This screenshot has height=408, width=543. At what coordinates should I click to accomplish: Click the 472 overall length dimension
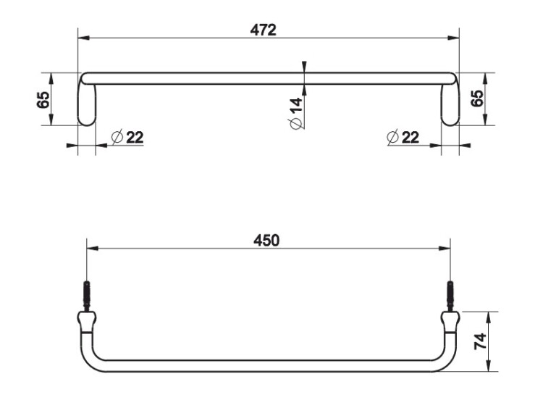click(x=264, y=30)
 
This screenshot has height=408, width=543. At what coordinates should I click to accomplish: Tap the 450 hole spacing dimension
click(x=266, y=241)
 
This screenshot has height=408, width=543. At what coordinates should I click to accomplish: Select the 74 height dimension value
click(x=480, y=341)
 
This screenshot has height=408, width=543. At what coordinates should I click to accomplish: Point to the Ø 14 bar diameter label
click(x=296, y=114)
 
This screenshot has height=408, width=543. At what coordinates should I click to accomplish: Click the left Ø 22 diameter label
click(x=127, y=137)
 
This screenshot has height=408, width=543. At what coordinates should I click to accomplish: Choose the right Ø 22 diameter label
click(x=403, y=137)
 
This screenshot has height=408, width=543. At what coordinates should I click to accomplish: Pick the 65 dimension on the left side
click(x=43, y=100)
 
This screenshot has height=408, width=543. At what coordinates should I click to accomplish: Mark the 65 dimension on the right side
click(x=478, y=99)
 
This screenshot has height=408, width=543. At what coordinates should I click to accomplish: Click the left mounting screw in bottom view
click(x=87, y=296)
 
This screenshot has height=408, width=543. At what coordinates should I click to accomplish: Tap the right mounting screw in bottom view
click(x=450, y=296)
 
